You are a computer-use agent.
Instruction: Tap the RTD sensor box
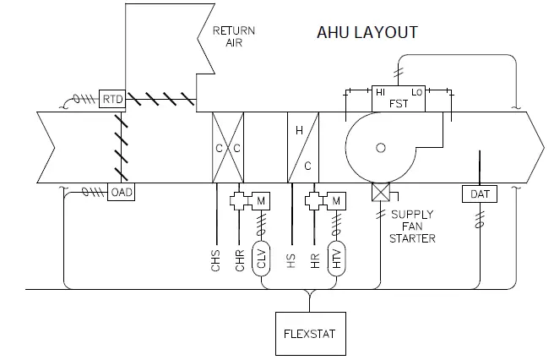112,100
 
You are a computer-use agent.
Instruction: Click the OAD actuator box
122,192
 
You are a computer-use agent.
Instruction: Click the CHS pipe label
216,258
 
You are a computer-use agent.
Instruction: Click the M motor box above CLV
263,200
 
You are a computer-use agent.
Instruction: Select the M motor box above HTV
337,200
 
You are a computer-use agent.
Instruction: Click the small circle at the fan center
381,148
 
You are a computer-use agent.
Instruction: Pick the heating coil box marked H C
304,147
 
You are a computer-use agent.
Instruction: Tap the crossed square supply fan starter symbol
379,194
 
